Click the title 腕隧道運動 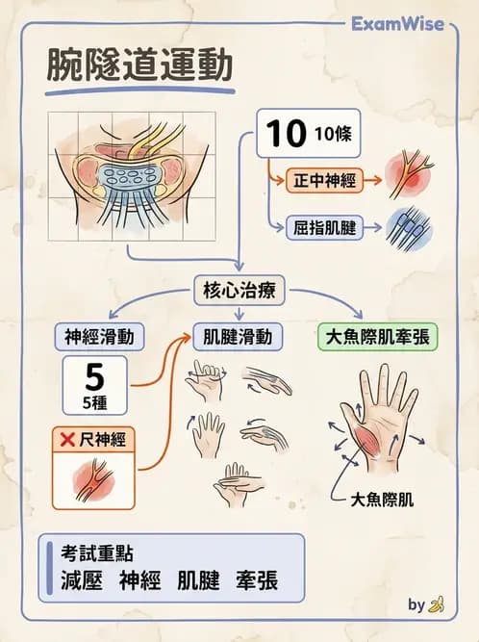(139, 65)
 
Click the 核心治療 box (239, 290)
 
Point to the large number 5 (93, 374)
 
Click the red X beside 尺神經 (68, 441)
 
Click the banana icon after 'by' (438, 605)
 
